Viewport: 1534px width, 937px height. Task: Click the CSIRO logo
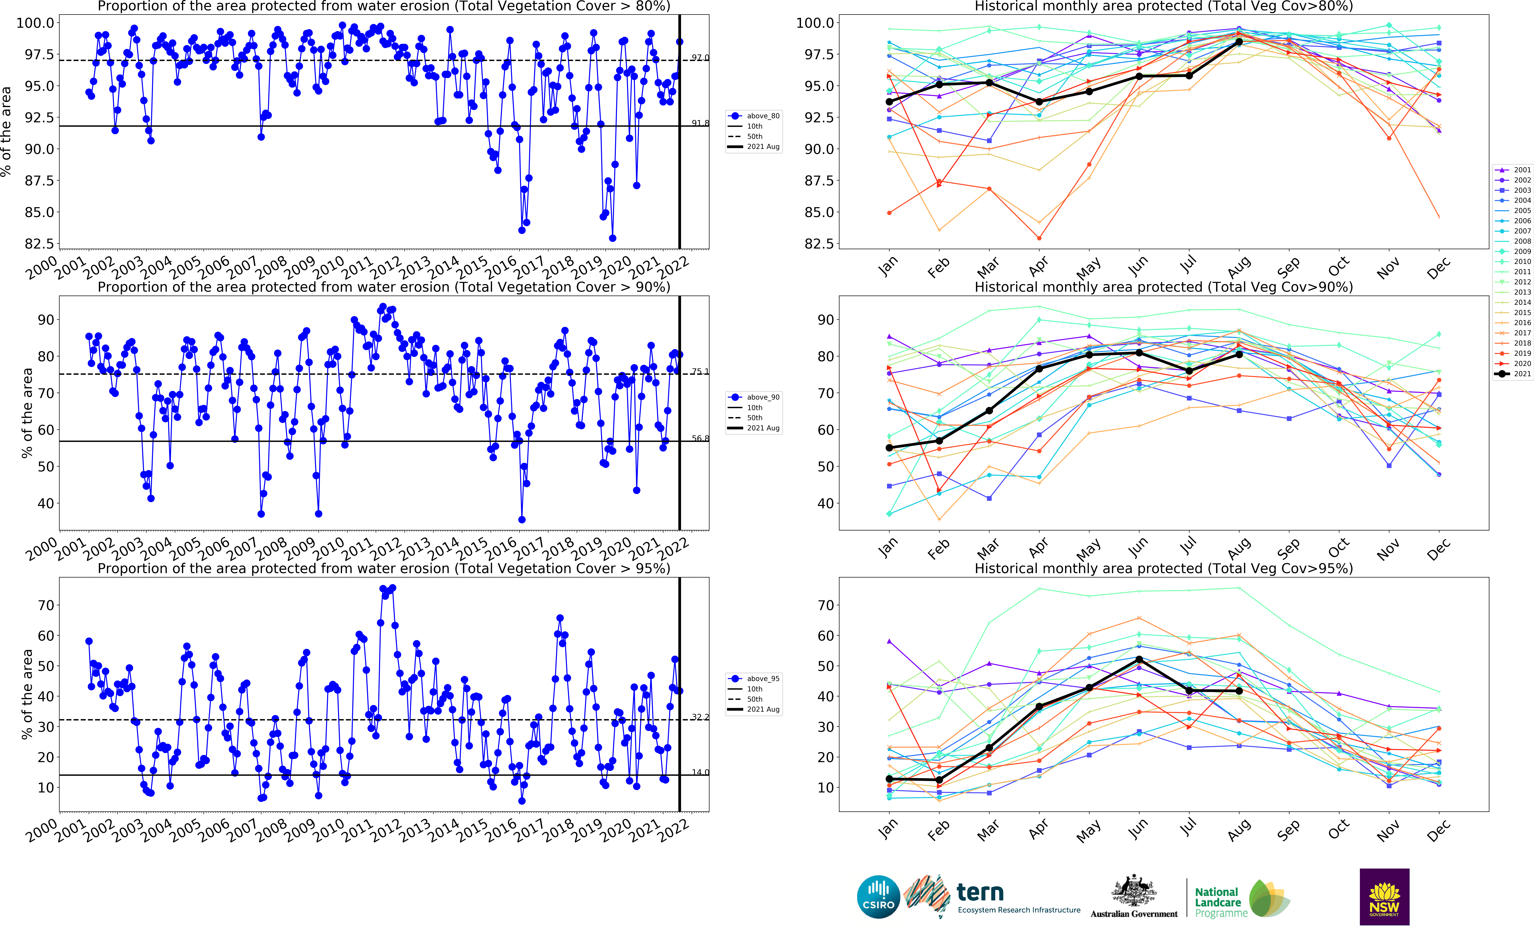(878, 897)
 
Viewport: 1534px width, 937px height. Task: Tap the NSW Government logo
(1384, 897)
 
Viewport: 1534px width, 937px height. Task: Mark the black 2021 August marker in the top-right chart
(1239, 42)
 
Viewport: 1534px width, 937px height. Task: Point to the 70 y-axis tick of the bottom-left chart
(46, 605)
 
